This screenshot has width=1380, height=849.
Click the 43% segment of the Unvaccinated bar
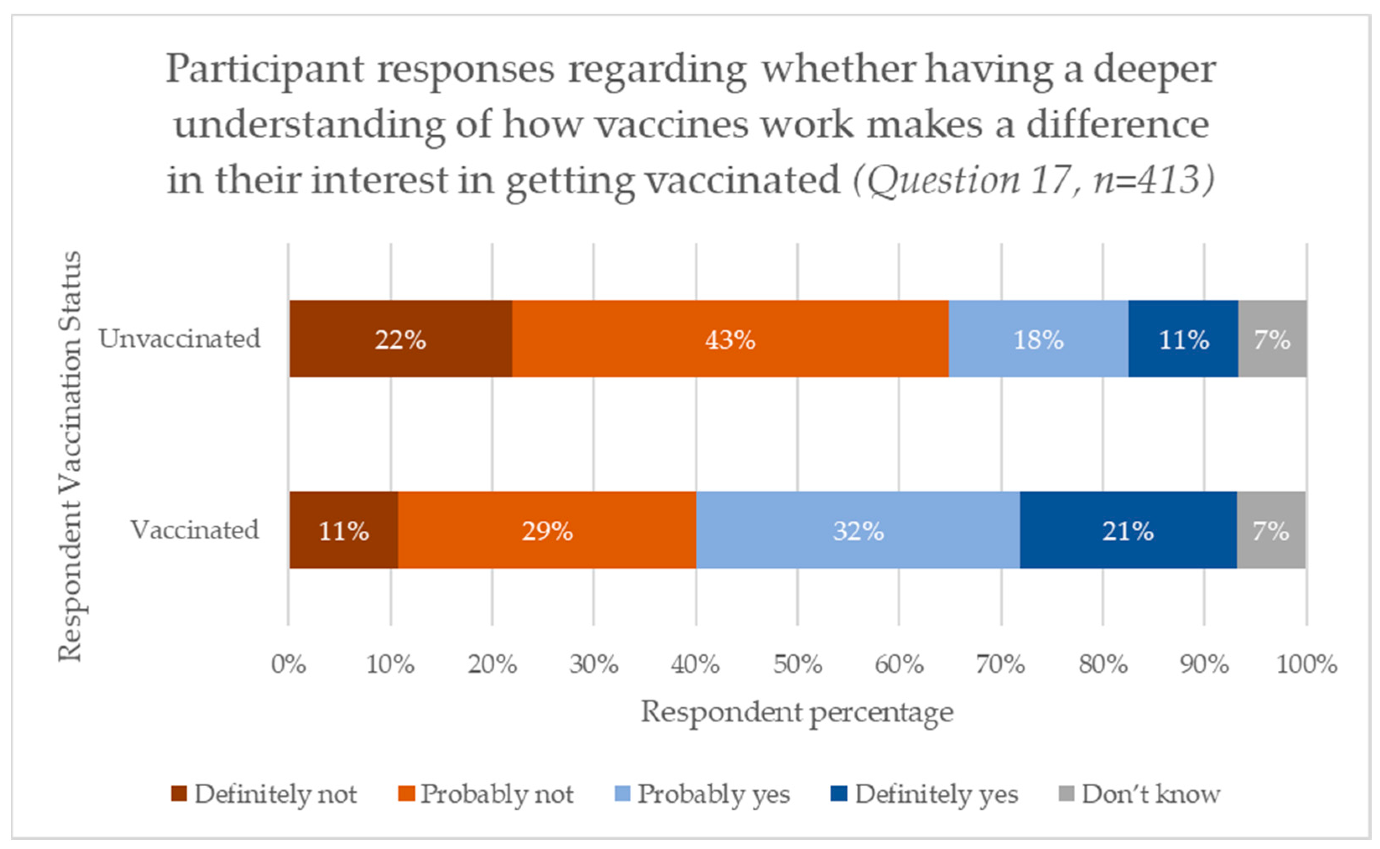(x=730, y=339)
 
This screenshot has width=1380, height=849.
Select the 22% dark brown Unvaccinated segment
(x=400, y=339)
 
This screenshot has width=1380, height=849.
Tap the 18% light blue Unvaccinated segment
(x=1038, y=339)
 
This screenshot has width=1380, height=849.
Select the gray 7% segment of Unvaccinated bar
(x=1272, y=339)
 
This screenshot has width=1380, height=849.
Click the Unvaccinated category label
(x=179, y=339)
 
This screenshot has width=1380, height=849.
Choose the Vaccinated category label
(x=195, y=530)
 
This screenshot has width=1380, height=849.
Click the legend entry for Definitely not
(x=264, y=794)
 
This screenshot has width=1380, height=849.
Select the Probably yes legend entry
(x=703, y=794)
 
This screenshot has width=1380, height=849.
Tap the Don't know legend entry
(x=1140, y=794)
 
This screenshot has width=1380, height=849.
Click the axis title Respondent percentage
(x=797, y=712)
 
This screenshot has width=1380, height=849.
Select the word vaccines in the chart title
(x=672, y=125)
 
